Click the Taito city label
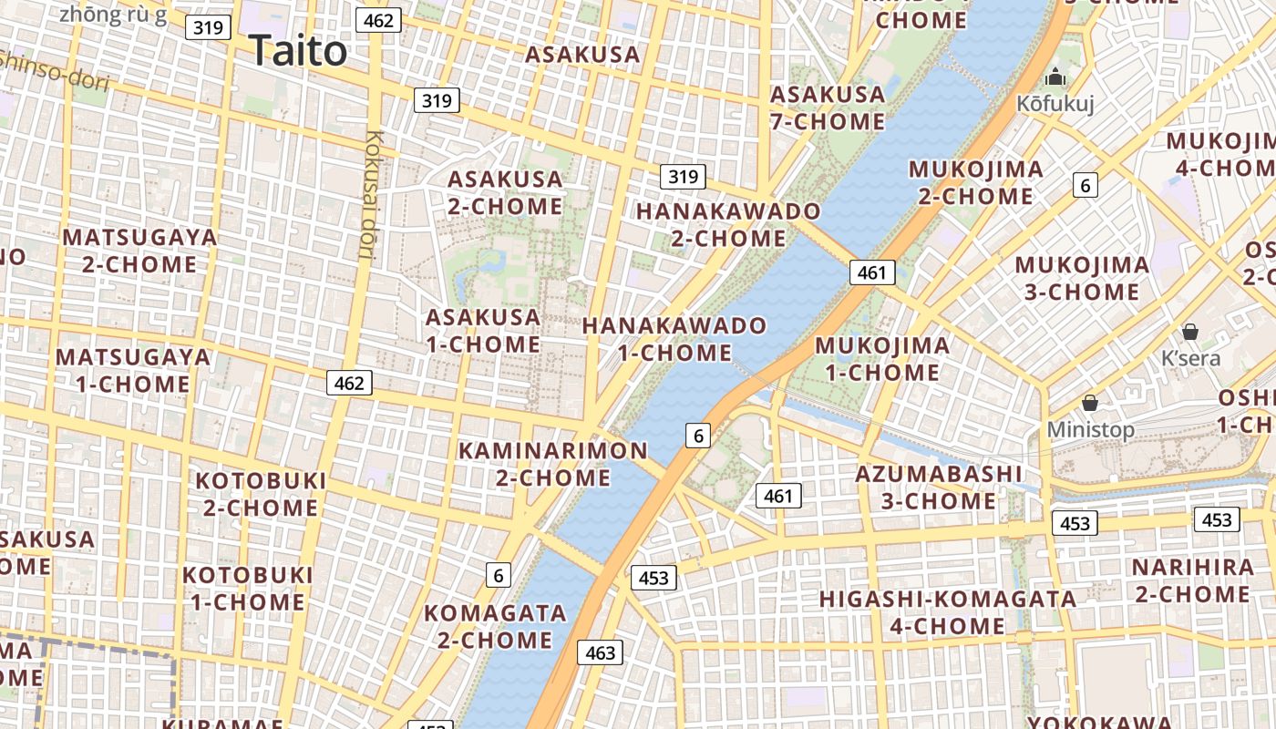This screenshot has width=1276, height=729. click(x=298, y=50)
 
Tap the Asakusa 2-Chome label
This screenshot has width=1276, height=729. click(x=505, y=192)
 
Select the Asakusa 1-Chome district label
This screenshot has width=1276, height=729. click(x=483, y=331)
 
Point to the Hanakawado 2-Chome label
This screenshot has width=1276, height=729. click(x=728, y=224)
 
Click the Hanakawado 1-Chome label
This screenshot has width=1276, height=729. click(x=674, y=339)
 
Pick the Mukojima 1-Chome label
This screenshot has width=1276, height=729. click(x=882, y=359)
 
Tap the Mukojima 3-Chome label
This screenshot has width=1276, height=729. click(x=1082, y=279)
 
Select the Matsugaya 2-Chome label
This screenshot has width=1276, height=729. click(x=139, y=251)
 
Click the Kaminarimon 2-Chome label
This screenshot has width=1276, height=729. click(x=553, y=464)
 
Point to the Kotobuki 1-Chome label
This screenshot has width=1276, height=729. click(x=248, y=589)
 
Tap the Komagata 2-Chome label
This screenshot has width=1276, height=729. click(x=495, y=626)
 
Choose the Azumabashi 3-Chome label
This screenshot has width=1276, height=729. click(x=939, y=488)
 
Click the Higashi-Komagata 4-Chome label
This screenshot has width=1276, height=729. click(x=948, y=612)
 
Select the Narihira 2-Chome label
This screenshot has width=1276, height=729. click(x=1191, y=580)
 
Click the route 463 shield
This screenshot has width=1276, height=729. click(x=601, y=652)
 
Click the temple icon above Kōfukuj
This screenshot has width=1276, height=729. click(x=1055, y=77)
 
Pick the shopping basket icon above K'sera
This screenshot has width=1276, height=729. click(x=1189, y=332)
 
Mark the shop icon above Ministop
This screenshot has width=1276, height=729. click(x=1089, y=402)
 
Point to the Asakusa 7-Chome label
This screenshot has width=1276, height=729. click(x=828, y=108)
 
